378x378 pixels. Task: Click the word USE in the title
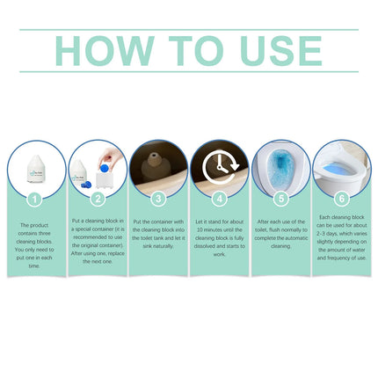click(x=273, y=52)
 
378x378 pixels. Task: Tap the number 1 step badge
click(x=35, y=200)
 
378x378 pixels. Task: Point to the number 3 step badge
click(x=158, y=200)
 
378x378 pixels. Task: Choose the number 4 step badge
click(x=220, y=200)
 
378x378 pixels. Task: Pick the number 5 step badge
click(x=281, y=200)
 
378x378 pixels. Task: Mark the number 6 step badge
click(x=342, y=200)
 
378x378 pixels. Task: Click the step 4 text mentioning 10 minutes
click(x=220, y=242)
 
